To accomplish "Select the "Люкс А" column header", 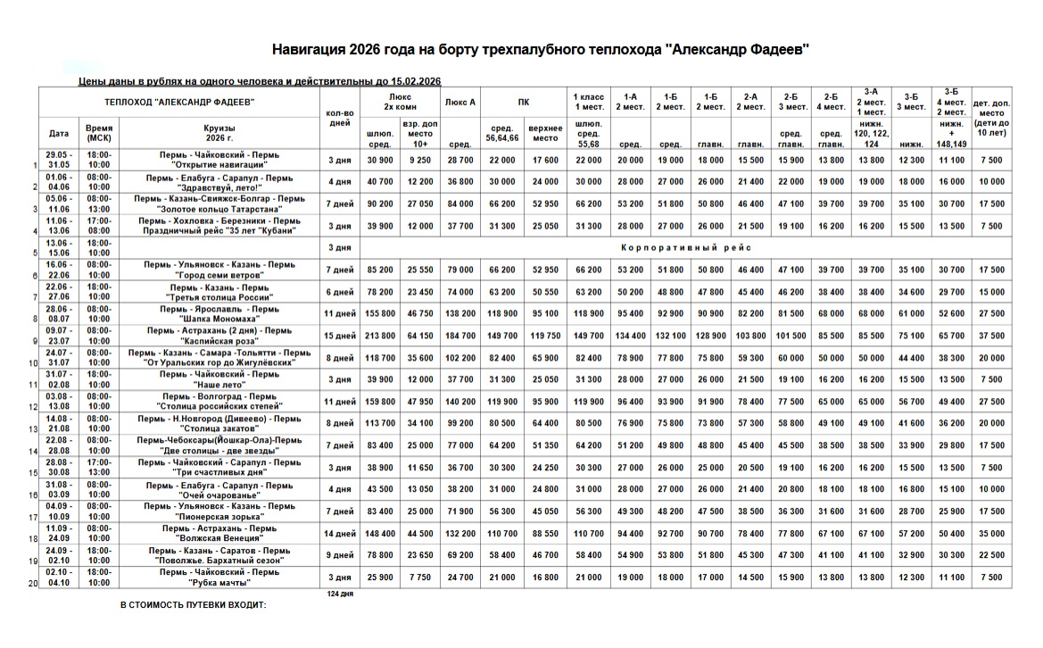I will pyautogui.click(x=459, y=102).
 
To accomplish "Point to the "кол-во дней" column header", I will pyautogui.click(x=340, y=118).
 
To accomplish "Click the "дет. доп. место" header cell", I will pyautogui.click(x=991, y=120).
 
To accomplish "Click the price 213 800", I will pyautogui.click(x=380, y=336).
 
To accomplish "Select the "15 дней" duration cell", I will pyautogui.click(x=340, y=336).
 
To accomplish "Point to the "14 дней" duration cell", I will pyautogui.click(x=340, y=534).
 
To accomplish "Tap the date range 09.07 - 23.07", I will pyautogui.click(x=59, y=336).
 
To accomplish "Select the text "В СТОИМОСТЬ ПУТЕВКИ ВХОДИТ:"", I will pyautogui.click(x=194, y=605).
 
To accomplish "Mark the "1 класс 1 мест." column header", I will pyautogui.click(x=588, y=102).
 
